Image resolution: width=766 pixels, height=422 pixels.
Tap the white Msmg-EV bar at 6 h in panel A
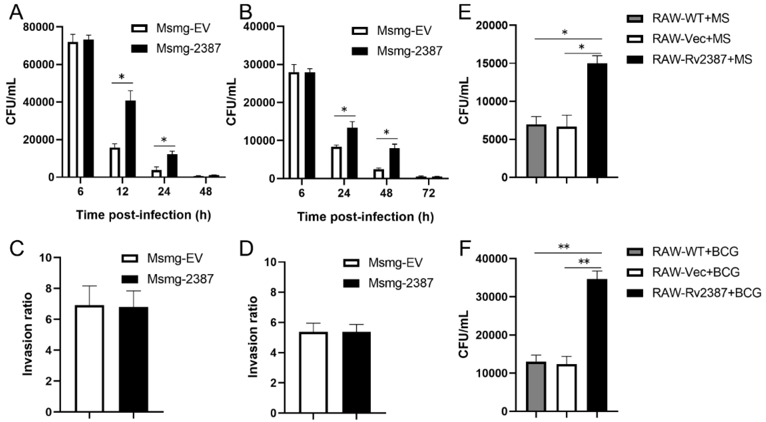[73, 110]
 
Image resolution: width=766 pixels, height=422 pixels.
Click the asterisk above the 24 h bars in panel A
[164, 140]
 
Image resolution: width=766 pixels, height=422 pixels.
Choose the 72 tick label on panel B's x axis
[428, 193]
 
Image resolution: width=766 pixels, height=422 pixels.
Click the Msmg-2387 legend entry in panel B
[397, 51]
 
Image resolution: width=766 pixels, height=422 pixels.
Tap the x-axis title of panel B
[365, 217]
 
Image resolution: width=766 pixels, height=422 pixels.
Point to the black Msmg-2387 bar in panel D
[356, 372]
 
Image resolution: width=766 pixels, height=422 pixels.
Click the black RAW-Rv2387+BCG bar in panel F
[597, 345]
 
